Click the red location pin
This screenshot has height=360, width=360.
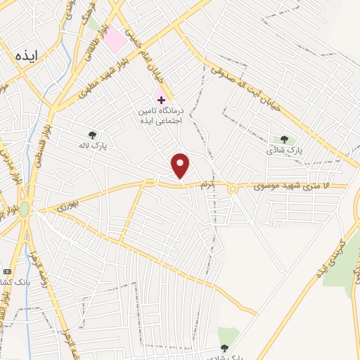[181, 165]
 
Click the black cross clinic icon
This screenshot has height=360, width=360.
[161, 101]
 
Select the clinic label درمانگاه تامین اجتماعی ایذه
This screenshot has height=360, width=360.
[161, 116]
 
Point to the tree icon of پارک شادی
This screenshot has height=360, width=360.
[284, 139]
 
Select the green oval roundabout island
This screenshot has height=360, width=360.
[25, 210]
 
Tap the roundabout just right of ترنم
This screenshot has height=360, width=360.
[232, 187]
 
